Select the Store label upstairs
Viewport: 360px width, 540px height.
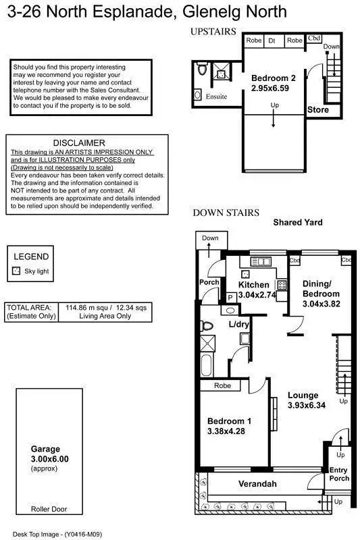pos(318,109)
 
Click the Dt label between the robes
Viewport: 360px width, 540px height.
pos(273,41)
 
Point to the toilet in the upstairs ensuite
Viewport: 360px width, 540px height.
pos(201,70)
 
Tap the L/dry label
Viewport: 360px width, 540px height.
pos(240,325)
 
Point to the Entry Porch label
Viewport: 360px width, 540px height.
pos(339,475)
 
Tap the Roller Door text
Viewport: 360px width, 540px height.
pos(49,510)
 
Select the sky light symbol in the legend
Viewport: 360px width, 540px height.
pos(17,271)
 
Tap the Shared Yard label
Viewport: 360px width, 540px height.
pos(298,222)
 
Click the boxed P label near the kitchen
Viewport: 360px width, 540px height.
pos(230,297)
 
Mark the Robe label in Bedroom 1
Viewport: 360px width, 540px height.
pos(222,386)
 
